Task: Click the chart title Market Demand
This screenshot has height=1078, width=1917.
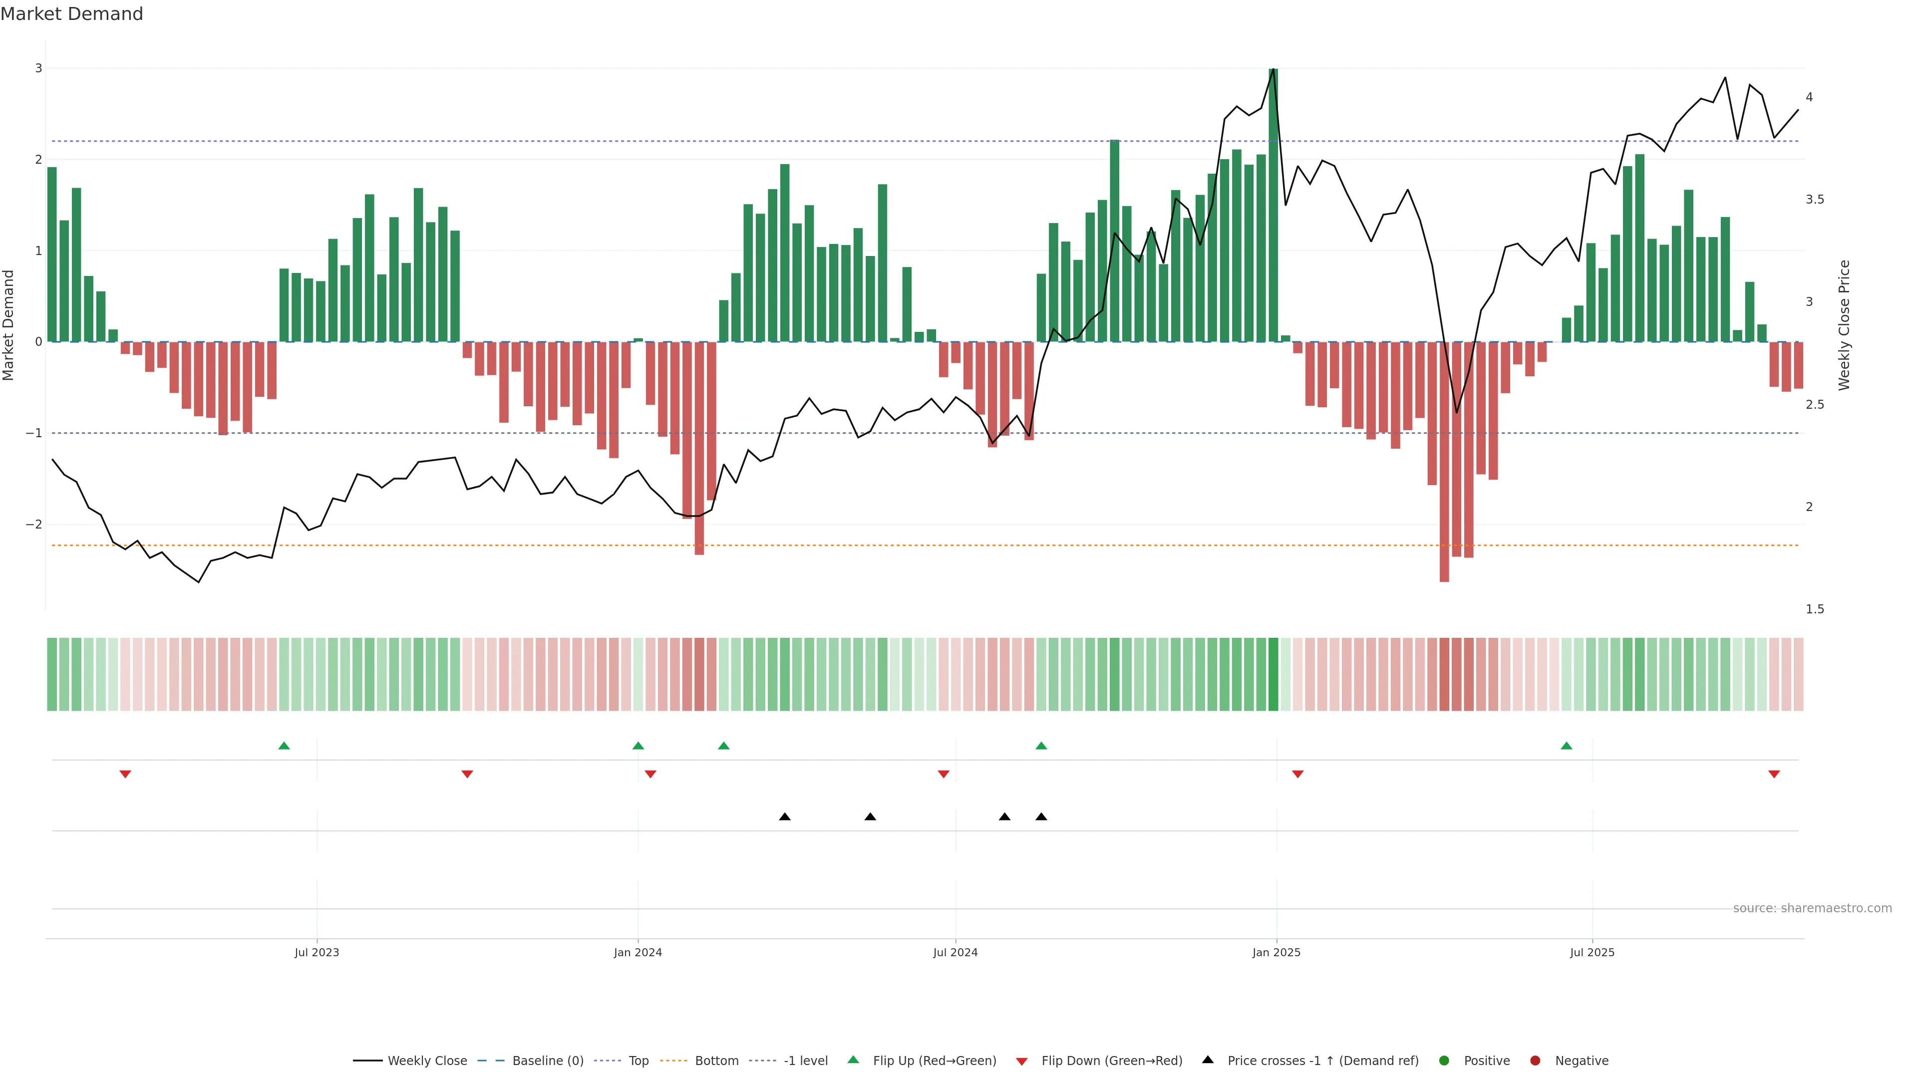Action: pyautogui.click(x=71, y=14)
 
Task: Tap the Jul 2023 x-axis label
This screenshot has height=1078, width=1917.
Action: pyautogui.click(x=317, y=952)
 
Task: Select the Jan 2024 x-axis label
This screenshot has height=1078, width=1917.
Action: pyautogui.click(x=638, y=952)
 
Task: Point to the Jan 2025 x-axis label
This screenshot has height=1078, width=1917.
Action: pyautogui.click(x=1277, y=952)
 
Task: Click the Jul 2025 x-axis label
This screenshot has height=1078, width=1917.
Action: pyautogui.click(x=1592, y=952)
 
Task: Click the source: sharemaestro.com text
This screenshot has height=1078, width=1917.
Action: pyautogui.click(x=1812, y=908)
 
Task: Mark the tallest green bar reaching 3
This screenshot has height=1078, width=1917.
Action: pyautogui.click(x=1274, y=205)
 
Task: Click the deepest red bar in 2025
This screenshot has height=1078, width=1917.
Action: pyautogui.click(x=1444, y=461)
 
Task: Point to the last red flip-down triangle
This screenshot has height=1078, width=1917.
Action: pyautogui.click(x=1774, y=775)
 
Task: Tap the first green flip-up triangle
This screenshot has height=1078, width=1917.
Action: pyautogui.click(x=284, y=746)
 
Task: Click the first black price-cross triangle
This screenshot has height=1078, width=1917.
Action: pyautogui.click(x=784, y=817)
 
